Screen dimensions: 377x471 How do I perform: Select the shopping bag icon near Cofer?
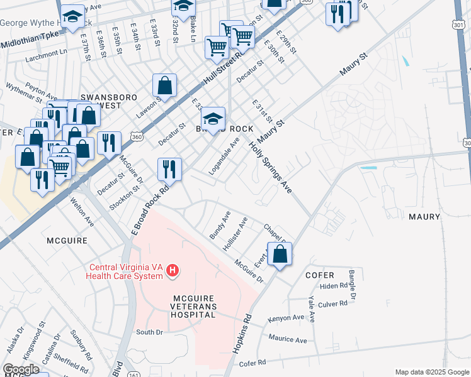coord(280,254)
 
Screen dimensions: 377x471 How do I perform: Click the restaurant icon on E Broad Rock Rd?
coord(169,168)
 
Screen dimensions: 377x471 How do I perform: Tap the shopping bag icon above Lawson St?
coord(164,85)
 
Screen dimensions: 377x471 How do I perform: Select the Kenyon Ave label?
coord(286,318)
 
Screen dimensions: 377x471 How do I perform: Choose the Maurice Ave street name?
coord(287,339)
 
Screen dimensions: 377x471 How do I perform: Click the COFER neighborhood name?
coord(319,275)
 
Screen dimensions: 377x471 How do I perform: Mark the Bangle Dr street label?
coord(353,285)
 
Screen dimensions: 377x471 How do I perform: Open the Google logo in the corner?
coord(21,369)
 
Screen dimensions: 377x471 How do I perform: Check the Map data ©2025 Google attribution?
coord(431,372)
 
